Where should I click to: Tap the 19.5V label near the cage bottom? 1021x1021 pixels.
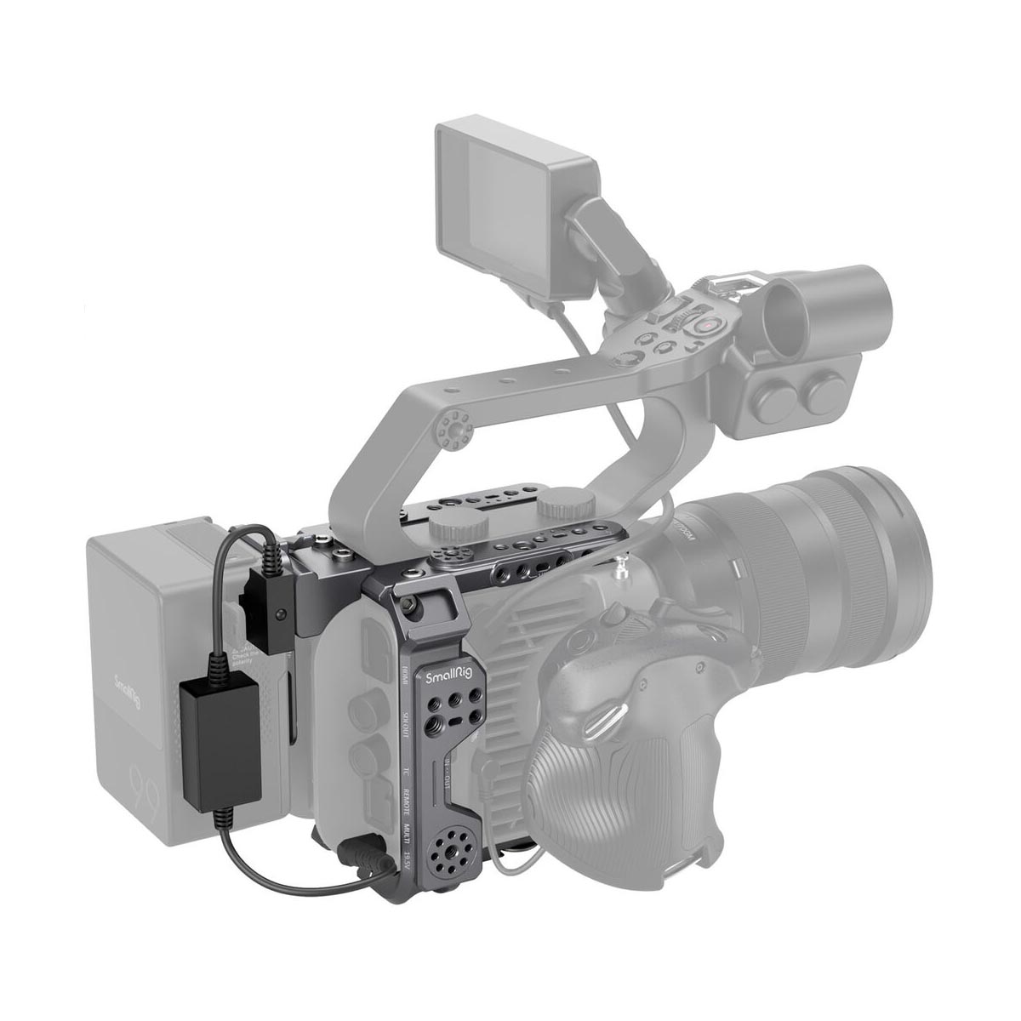pyautogui.click(x=408, y=870)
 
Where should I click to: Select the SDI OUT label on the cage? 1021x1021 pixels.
pyautogui.click(x=407, y=711)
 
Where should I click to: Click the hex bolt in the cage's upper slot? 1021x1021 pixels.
pyautogui.click(x=413, y=603)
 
